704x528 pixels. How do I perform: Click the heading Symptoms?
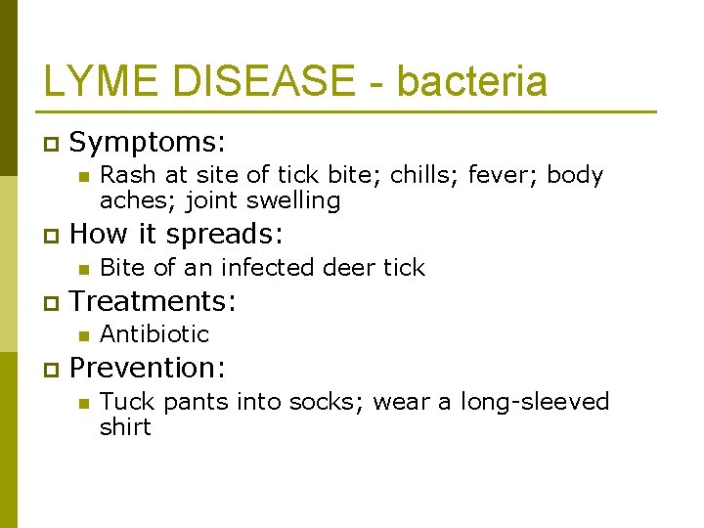148,143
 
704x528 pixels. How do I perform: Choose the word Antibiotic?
154,334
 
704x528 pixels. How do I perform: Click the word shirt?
125,427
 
